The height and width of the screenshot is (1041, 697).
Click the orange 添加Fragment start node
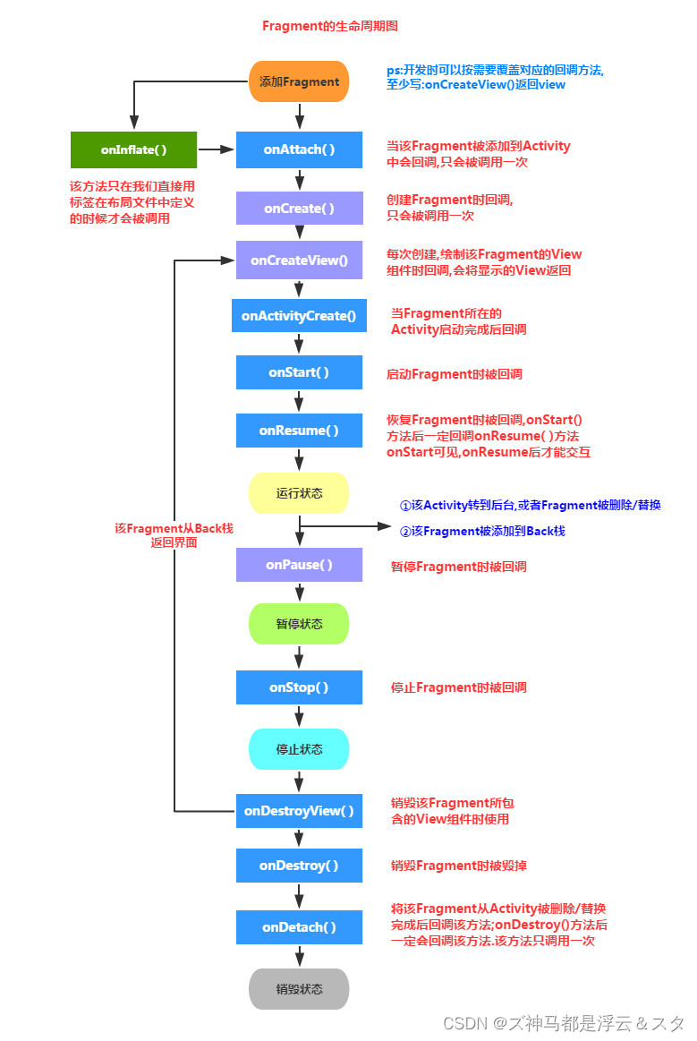coord(299,81)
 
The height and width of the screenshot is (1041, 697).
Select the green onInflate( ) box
coord(133,149)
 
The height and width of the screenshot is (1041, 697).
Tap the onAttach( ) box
coord(299,149)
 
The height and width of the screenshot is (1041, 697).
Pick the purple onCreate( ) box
coord(299,208)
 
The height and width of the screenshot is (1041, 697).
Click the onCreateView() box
coord(299,260)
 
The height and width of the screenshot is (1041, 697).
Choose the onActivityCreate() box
coord(299,315)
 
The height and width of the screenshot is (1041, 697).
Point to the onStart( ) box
coord(299,372)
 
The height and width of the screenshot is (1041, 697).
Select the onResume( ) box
coord(299,431)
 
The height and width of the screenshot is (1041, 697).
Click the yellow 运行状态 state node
coord(299,493)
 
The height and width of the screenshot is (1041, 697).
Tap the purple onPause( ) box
coord(299,565)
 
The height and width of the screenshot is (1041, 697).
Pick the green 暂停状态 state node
coord(299,624)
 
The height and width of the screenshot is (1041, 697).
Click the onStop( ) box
coord(299,687)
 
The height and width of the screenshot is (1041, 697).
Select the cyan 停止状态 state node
coord(299,748)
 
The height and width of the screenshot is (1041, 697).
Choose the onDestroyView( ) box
coord(299,811)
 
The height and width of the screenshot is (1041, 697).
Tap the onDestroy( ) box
coord(299,866)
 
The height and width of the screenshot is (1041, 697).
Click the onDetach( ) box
coord(299,927)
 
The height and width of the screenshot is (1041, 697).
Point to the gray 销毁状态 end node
coord(299,989)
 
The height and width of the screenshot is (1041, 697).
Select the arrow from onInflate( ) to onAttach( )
coord(216,149)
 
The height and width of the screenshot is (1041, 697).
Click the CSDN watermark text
coord(563,1022)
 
